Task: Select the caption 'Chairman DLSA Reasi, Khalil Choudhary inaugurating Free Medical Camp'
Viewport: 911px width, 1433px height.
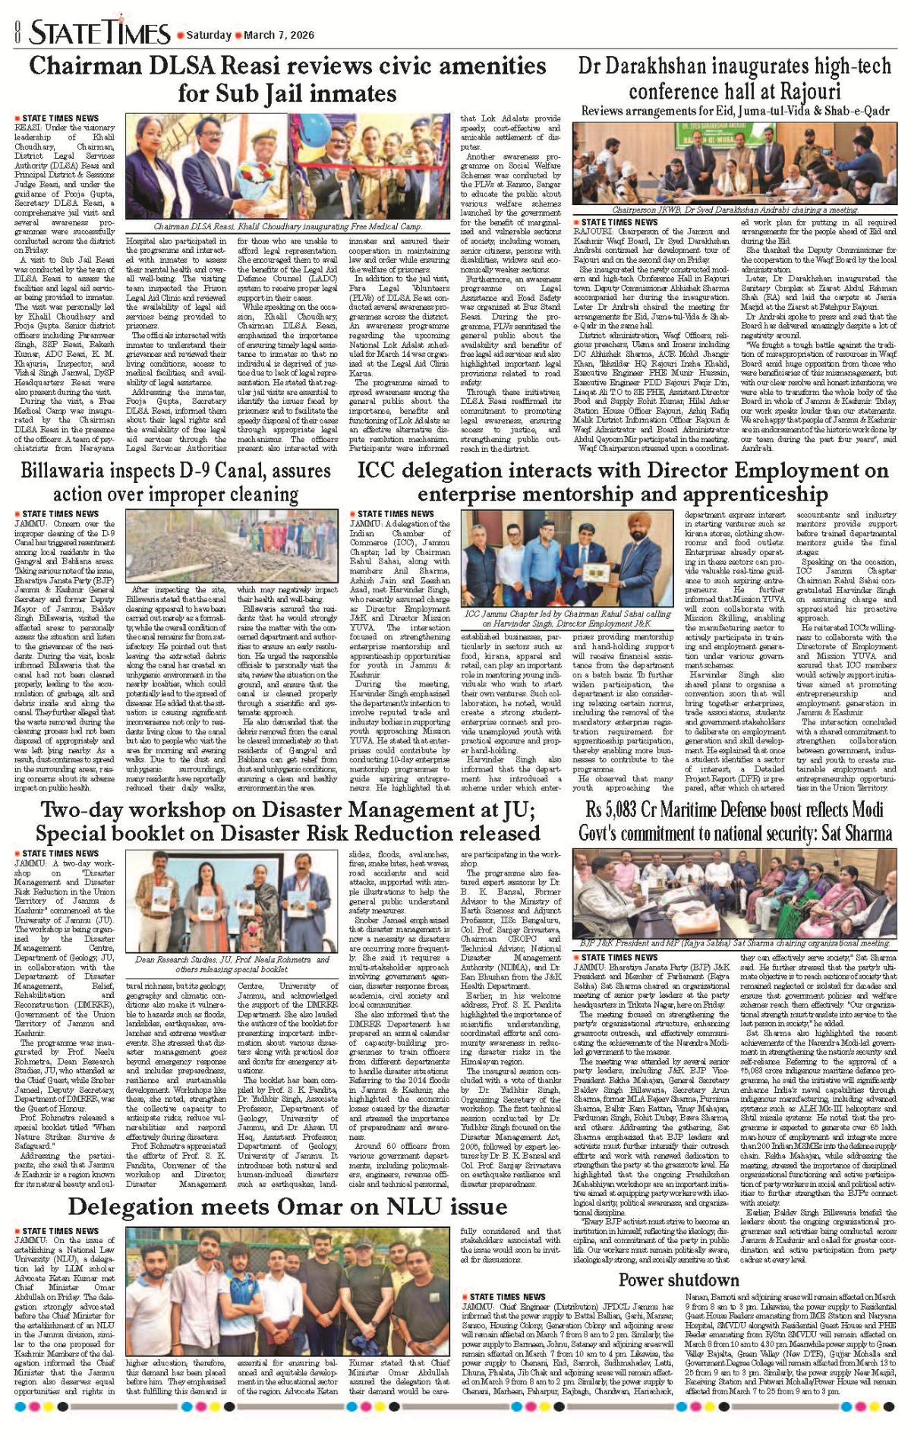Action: click(x=288, y=226)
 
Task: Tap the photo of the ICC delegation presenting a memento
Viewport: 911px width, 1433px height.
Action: click(x=568, y=560)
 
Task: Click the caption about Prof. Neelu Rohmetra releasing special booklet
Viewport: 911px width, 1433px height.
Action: click(x=232, y=964)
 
